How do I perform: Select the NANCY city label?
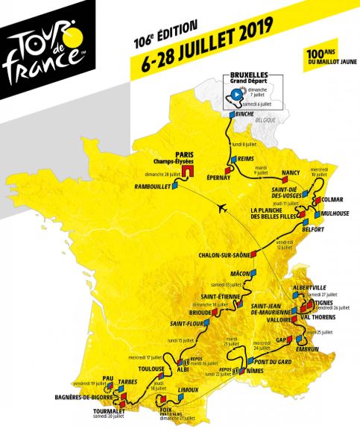tap(291, 173)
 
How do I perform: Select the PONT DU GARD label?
tap(271, 362)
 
